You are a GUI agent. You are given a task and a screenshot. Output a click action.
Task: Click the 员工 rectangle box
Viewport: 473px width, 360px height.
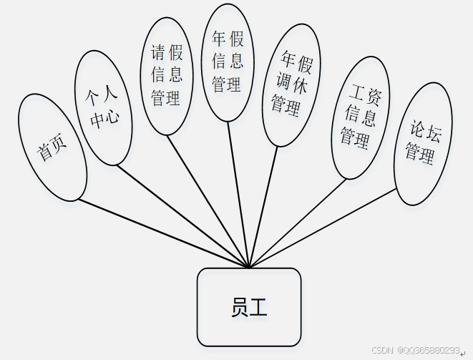248,306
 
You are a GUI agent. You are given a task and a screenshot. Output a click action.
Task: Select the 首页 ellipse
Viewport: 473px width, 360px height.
52,147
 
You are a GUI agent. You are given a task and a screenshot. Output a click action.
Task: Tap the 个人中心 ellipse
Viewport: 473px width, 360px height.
104,107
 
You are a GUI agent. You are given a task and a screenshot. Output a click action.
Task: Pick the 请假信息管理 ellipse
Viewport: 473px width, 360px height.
166,76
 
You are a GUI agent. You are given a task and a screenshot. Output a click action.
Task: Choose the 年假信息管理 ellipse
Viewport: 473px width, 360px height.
227,62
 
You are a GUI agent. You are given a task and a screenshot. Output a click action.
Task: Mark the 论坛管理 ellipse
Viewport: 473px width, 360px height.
422,143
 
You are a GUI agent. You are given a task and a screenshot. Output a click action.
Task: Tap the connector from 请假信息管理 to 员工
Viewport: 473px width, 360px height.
208,201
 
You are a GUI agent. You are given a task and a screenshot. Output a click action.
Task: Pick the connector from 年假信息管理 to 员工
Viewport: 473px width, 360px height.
238,193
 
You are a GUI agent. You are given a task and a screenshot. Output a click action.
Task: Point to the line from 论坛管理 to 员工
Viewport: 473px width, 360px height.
322,228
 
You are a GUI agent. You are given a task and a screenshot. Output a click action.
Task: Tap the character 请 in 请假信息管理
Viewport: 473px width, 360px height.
159,52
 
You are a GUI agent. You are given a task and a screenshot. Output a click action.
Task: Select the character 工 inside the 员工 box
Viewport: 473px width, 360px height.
259,308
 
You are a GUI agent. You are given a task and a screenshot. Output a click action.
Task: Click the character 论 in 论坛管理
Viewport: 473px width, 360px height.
419,130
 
